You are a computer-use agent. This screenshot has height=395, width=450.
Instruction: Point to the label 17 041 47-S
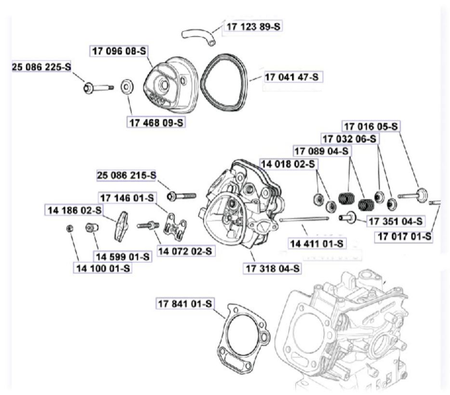click(293, 76)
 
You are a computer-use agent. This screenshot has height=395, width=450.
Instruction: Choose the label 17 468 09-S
click(157, 122)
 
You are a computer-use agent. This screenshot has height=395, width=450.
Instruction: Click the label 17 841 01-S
click(185, 304)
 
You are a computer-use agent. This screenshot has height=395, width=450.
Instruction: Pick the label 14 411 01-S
click(317, 243)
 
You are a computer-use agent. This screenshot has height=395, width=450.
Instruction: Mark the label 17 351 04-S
click(395, 221)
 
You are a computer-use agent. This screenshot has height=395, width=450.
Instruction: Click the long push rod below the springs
click(304, 220)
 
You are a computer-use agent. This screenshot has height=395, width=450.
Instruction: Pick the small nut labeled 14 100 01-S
click(70, 228)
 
